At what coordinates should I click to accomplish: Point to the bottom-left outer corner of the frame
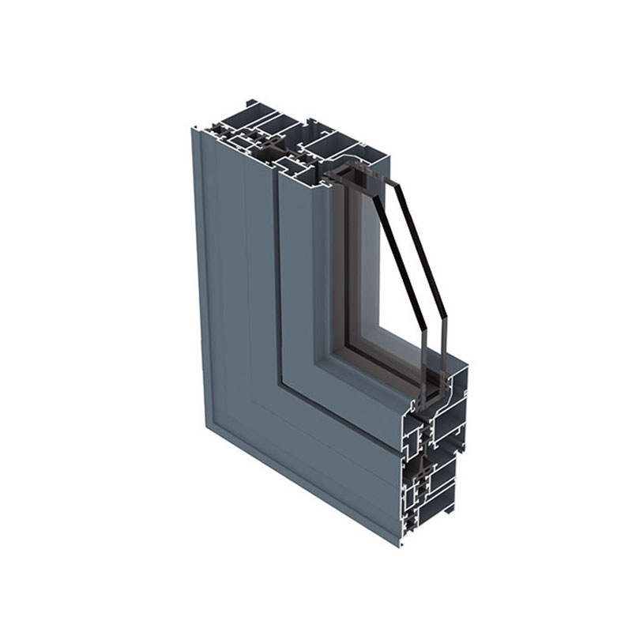click(208, 431)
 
